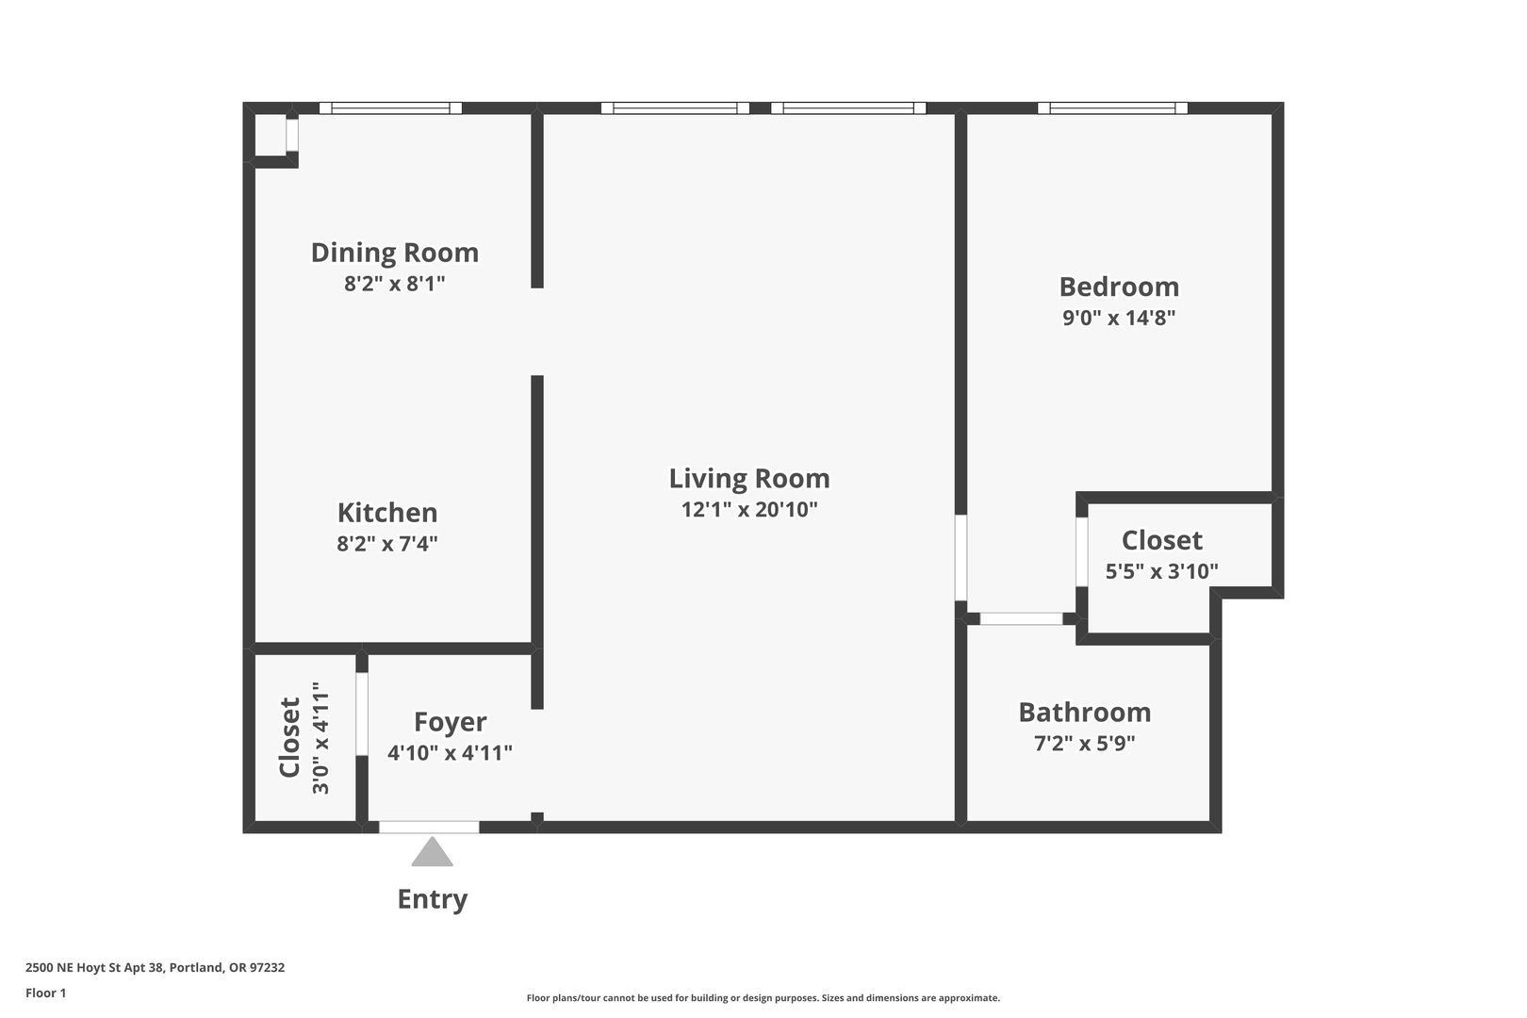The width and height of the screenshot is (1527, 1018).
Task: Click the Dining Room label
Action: tap(395, 253)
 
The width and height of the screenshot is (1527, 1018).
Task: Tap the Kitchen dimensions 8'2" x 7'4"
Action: tap(387, 544)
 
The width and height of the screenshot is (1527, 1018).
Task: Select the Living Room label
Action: tap(749, 479)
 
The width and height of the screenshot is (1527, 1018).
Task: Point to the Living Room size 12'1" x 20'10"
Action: tap(749, 509)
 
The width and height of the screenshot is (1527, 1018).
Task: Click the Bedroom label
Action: tap(1119, 287)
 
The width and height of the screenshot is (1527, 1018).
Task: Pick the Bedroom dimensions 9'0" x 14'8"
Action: tap(1119, 318)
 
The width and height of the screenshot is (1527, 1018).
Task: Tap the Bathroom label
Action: tap(1085, 713)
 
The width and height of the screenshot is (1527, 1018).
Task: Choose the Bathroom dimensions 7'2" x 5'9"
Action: tap(1085, 743)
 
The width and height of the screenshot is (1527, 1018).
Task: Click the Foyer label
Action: tap(450, 722)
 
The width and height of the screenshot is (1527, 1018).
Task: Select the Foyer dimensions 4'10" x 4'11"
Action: tap(450, 753)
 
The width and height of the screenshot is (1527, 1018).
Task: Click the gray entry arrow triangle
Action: tap(433, 852)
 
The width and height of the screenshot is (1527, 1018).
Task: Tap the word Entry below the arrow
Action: tap(433, 899)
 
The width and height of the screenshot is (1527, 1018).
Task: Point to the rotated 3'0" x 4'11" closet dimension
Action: tap(320, 738)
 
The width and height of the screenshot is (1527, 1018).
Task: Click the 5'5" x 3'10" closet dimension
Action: tap(1161, 570)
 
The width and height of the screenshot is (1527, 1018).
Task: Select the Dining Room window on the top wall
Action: tap(390, 107)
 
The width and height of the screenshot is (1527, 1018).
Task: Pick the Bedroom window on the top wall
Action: tap(1112, 107)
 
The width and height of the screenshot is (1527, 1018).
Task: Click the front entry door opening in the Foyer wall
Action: tap(429, 827)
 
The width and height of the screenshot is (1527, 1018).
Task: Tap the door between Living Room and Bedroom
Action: tap(961, 558)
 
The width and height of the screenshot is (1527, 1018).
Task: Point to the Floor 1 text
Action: tap(45, 993)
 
